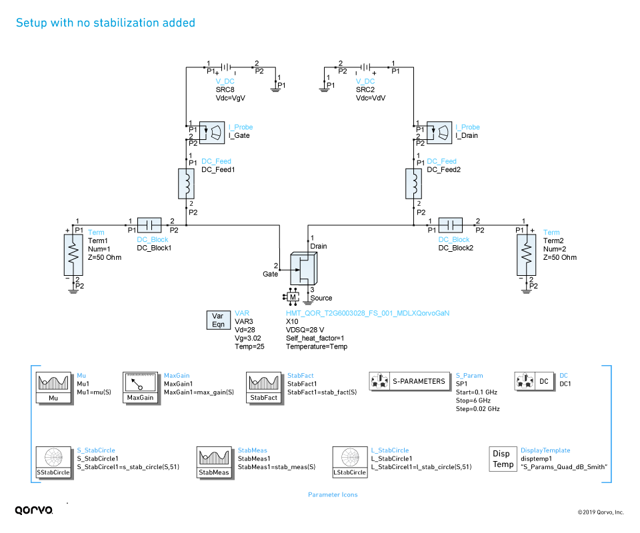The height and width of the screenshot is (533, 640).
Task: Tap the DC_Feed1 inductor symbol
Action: [186, 183]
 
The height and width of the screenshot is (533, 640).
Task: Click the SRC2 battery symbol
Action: [365, 67]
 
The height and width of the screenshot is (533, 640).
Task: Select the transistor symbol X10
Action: [304, 269]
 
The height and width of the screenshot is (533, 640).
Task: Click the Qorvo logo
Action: [33, 510]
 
